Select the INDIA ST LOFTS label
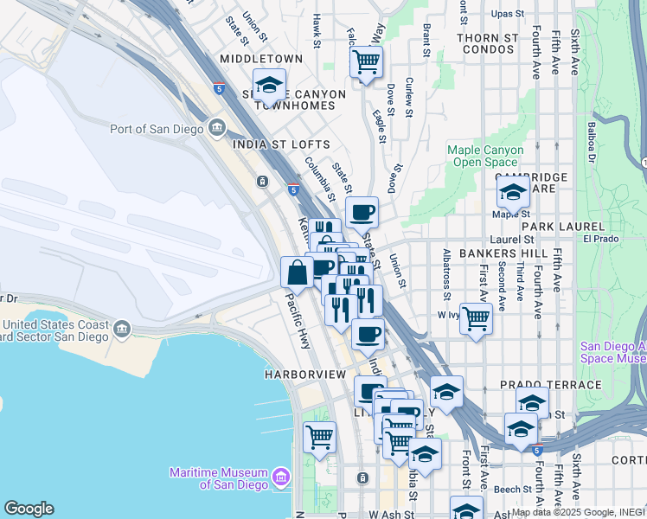(x=281, y=144)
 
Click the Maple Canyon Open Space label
(x=485, y=156)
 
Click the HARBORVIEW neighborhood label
(x=298, y=375)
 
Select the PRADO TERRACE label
(x=550, y=384)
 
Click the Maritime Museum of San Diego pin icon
(x=280, y=477)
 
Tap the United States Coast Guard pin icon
(x=121, y=329)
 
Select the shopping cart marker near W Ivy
(x=476, y=317)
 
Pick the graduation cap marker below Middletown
(x=269, y=84)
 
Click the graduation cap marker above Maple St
(x=513, y=191)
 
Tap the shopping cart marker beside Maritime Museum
(x=319, y=437)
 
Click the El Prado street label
(x=598, y=239)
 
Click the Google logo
(x=29, y=509)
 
